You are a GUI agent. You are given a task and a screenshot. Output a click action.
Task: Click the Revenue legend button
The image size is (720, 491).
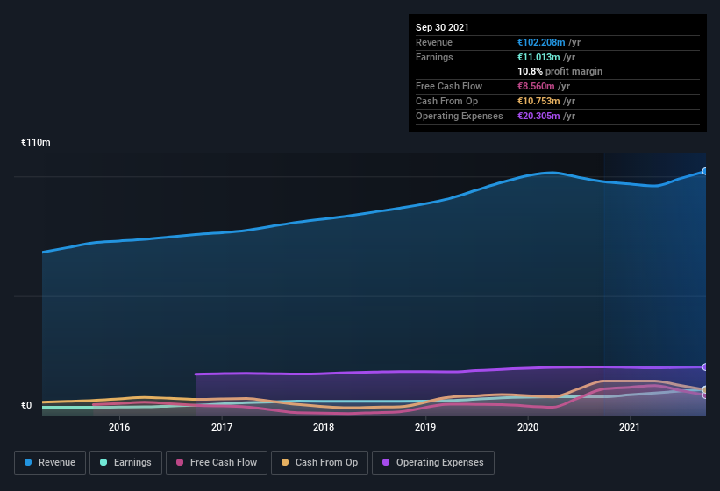coord(51,462)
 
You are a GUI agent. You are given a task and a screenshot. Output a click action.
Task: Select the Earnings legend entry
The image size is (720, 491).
coord(125,462)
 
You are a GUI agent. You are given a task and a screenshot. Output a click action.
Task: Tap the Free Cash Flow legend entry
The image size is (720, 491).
coord(217,462)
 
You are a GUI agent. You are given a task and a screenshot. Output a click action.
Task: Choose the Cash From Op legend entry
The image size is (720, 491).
coord(318,462)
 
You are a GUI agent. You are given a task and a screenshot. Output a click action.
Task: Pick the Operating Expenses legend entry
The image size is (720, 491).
coord(432,462)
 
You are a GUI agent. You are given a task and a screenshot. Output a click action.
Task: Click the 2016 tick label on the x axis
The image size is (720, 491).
coord(119,427)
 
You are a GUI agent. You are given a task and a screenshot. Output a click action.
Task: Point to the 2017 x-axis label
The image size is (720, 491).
coord(222,427)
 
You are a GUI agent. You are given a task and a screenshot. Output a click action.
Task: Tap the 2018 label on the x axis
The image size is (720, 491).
coord(324,427)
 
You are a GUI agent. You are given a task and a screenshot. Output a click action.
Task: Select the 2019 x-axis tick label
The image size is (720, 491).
coord(425,427)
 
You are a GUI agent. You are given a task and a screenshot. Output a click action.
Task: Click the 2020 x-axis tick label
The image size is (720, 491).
coord(528,427)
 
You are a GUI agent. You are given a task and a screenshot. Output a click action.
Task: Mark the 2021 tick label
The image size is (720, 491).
coord(630,427)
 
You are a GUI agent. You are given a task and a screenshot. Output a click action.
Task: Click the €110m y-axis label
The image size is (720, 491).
coord(36,142)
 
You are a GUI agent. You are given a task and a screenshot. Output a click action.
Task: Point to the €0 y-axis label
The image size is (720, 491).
coord(26,405)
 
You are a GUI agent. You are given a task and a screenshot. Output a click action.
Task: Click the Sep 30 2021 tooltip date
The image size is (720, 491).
coord(442,27)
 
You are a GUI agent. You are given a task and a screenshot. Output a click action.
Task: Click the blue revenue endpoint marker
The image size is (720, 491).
coord(705,171)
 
